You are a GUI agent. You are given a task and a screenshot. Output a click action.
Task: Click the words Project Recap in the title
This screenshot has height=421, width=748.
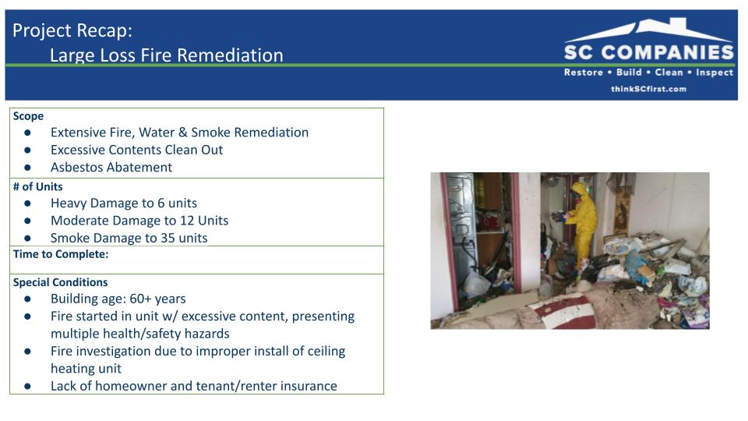71,31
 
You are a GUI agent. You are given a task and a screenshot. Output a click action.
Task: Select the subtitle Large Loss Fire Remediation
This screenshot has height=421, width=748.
167,55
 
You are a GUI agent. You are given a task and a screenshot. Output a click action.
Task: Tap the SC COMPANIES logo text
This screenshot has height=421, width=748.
649,52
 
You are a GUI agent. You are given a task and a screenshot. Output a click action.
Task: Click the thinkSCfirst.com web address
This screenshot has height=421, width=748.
649,89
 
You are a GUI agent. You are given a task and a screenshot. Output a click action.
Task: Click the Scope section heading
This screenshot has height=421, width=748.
28,116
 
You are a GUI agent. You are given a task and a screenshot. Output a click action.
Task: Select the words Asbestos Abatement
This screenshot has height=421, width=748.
111,167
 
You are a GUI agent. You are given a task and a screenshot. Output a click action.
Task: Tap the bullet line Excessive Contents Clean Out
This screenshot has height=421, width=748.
136,150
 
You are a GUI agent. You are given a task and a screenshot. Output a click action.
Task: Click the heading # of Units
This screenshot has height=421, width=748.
37,186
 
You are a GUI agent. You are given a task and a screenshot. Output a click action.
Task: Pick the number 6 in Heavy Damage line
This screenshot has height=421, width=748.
161,203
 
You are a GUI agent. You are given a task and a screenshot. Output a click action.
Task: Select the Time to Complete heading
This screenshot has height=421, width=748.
61,254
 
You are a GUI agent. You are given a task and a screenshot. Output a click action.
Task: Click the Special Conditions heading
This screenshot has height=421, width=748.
60,282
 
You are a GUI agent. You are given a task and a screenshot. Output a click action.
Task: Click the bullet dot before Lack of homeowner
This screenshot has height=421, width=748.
28,386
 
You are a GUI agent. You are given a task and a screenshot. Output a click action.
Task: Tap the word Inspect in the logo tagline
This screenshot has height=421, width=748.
714,73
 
